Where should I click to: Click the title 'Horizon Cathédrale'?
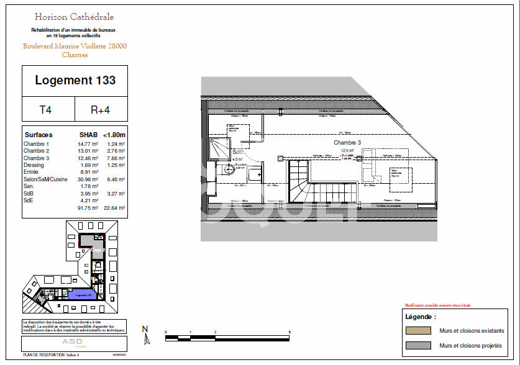click(x=75, y=17)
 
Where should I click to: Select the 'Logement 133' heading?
click(x=75, y=80)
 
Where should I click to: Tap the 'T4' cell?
click(x=46, y=110)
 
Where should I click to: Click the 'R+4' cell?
click(x=100, y=110)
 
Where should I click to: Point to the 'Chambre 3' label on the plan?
click(x=347, y=142)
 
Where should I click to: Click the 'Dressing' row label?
click(x=34, y=165)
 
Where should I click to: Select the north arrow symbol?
click(x=146, y=335)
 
